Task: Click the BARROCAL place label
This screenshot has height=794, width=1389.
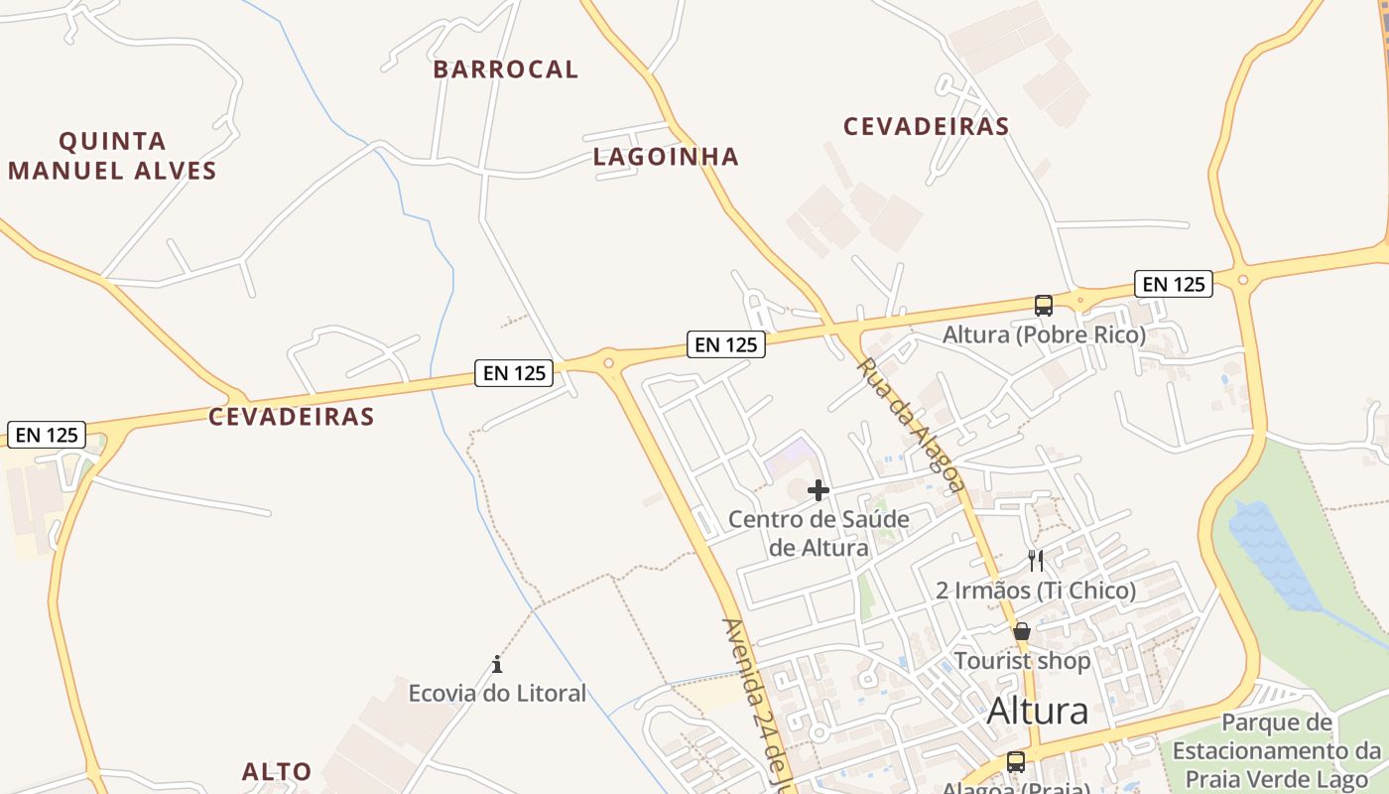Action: (506, 69)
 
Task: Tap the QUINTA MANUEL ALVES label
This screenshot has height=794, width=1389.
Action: (112, 156)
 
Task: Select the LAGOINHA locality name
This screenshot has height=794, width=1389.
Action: (666, 157)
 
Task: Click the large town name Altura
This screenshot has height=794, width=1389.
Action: (1038, 711)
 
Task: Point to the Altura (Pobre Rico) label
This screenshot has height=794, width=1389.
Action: (1044, 334)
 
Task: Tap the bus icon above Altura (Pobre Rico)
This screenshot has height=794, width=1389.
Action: (1044, 306)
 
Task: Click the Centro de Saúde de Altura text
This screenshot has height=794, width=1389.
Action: (819, 533)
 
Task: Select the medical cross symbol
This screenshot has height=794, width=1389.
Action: (819, 490)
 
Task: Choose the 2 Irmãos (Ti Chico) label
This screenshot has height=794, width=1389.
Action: (1036, 591)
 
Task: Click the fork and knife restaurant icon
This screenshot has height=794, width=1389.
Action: (1036, 561)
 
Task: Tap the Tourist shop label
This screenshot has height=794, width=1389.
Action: (1022, 661)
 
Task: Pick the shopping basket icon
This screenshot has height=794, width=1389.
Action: (1022, 631)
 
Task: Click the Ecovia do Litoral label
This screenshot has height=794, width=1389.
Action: (497, 693)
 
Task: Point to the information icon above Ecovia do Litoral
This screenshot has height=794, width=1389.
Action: (497, 664)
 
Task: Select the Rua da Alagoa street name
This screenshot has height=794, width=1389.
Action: (910, 425)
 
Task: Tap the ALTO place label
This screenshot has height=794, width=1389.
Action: (277, 771)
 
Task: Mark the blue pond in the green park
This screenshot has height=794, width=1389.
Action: (1274, 556)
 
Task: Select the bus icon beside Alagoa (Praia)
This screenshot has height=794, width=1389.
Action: (1016, 762)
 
